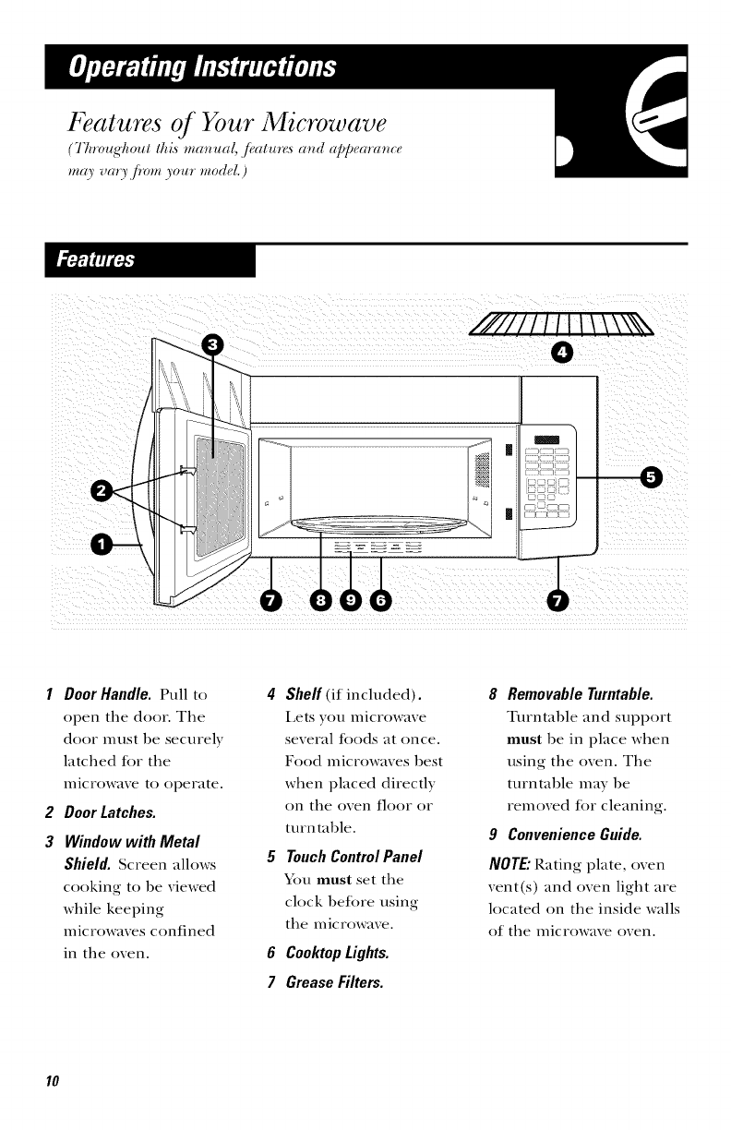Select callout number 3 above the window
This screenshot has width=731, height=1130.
(x=213, y=344)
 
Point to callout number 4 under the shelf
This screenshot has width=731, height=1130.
(x=561, y=352)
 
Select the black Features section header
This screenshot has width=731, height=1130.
(x=128, y=261)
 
